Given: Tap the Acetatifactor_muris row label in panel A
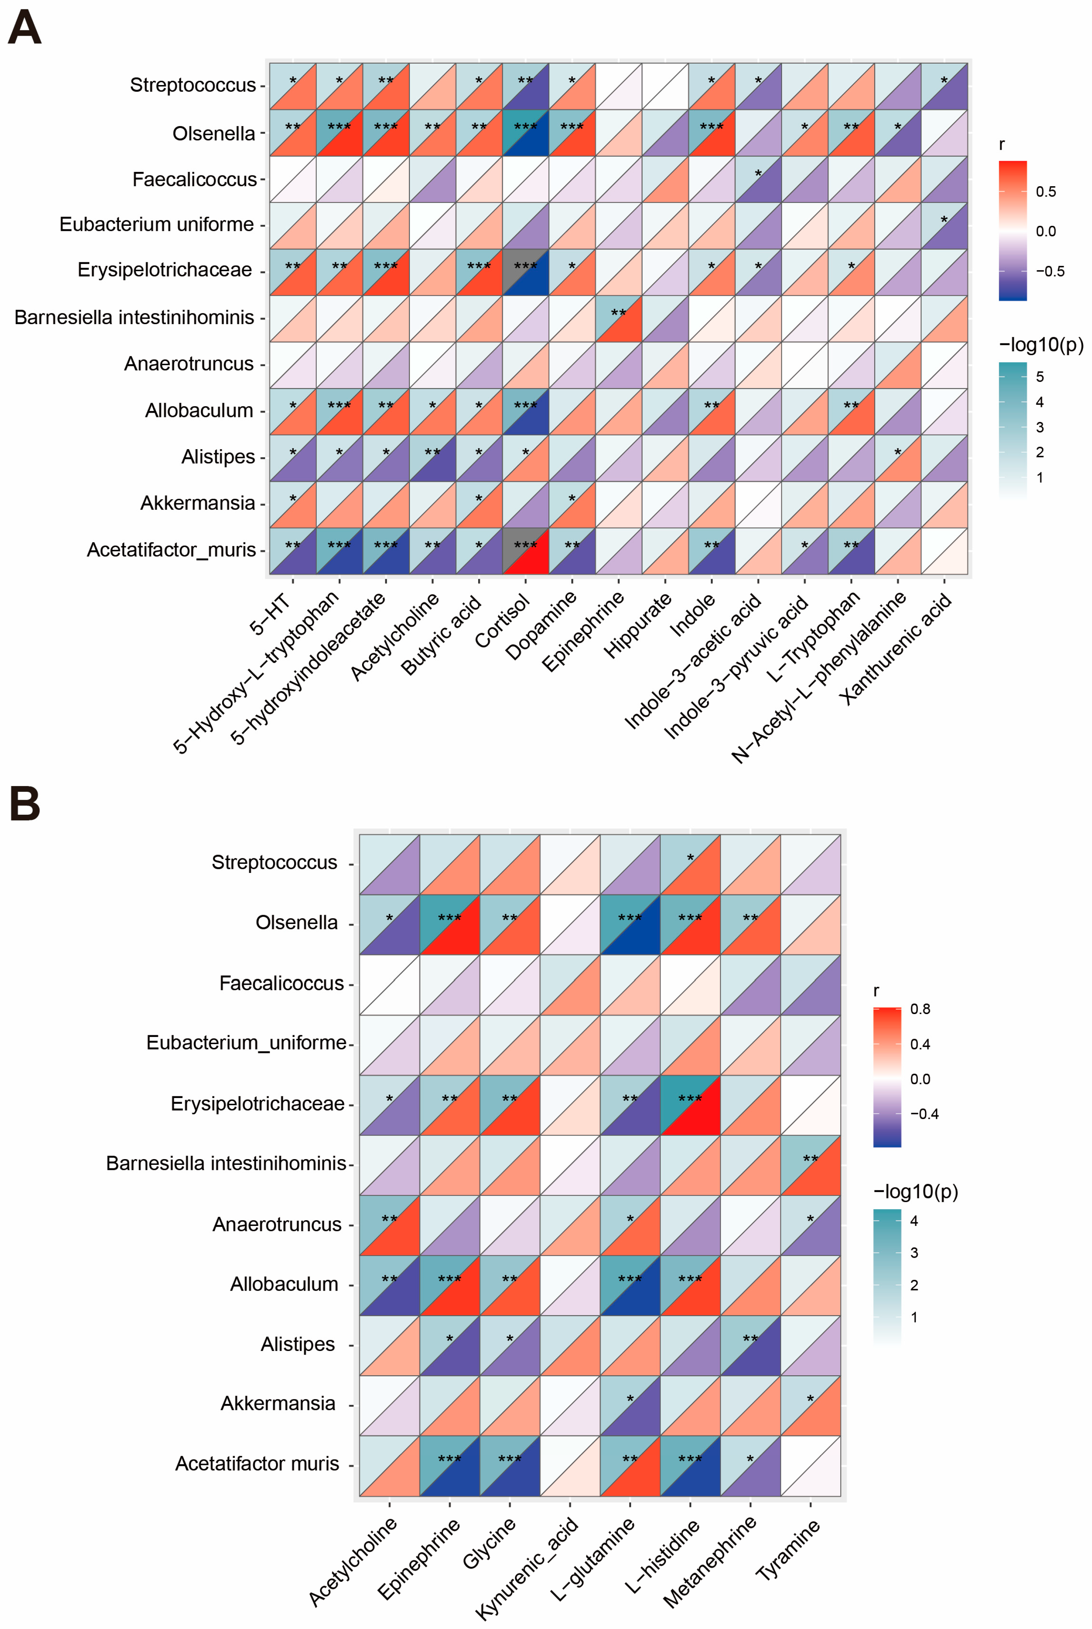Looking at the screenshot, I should (171, 550).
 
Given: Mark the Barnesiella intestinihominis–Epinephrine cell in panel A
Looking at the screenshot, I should (618, 318).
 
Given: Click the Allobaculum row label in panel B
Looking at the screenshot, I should (284, 1284).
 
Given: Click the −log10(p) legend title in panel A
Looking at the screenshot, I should (1041, 344).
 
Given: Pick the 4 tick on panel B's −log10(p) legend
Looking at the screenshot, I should (914, 1221).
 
